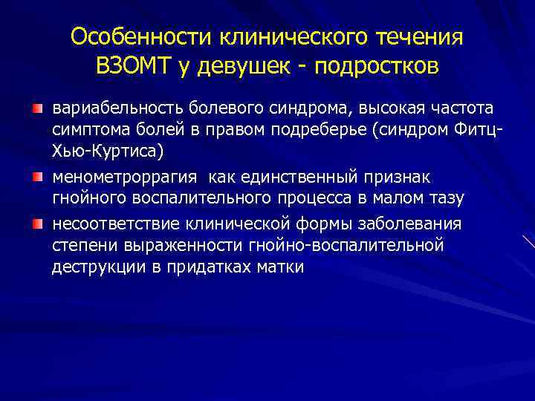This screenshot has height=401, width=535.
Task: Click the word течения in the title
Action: tap(419, 37)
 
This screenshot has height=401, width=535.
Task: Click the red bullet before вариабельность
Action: tap(36, 109)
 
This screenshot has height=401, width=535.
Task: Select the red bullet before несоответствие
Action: tap(36, 224)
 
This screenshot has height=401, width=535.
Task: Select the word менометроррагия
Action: tap(124, 178)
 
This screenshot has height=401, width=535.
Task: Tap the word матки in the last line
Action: tap(282, 268)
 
